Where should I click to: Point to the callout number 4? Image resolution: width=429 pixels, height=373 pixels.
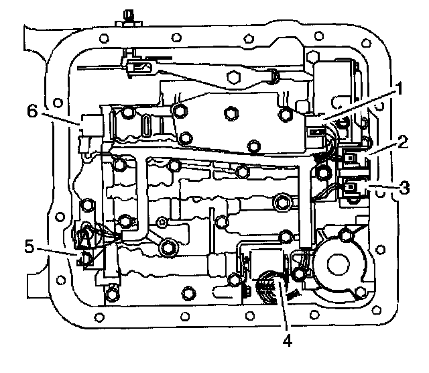pos(286,340)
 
